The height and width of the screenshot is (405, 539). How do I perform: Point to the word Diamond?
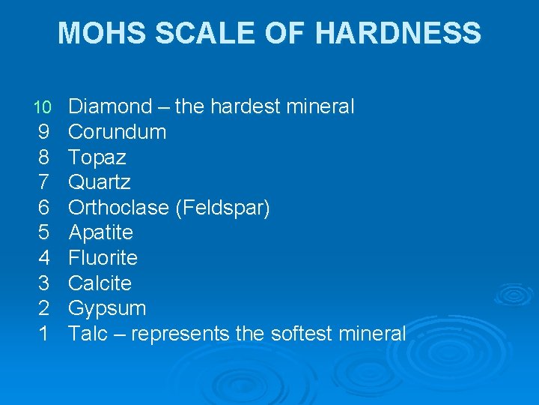pyautogui.click(x=110, y=106)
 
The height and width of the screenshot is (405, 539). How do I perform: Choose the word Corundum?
pyautogui.click(x=117, y=132)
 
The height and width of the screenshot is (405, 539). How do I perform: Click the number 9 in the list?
pyautogui.click(x=43, y=132)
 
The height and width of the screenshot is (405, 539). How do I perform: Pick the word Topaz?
pyautogui.click(x=97, y=157)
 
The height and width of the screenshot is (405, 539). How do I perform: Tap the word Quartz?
pyautogui.click(x=99, y=182)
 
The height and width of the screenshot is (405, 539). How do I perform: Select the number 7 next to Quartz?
pyautogui.click(x=43, y=182)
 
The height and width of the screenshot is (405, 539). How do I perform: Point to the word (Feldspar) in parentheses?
pyautogui.click(x=222, y=208)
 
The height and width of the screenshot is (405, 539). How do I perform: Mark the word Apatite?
pyautogui.click(x=100, y=232)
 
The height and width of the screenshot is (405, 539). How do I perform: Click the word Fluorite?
pyautogui.click(x=103, y=258)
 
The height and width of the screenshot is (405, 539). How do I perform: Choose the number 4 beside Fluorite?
pyautogui.click(x=43, y=258)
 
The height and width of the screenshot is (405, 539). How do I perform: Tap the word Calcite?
pyautogui.click(x=100, y=283)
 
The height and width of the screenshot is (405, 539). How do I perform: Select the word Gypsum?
pyautogui.click(x=107, y=308)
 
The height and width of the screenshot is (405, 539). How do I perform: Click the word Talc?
pyautogui.click(x=88, y=333)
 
